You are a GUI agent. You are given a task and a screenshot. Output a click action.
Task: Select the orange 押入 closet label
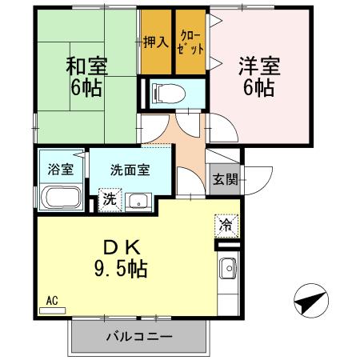coord(155,41)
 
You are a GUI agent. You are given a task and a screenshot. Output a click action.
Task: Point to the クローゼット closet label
coord(190,42)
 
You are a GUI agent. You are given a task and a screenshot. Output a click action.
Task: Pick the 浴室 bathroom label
coord(60,170)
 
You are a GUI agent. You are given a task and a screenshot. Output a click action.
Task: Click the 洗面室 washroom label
coord(129,170)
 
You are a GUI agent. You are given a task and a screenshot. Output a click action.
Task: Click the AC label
coord(52,301)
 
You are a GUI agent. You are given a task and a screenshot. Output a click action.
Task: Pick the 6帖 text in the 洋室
coord(257,88)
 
